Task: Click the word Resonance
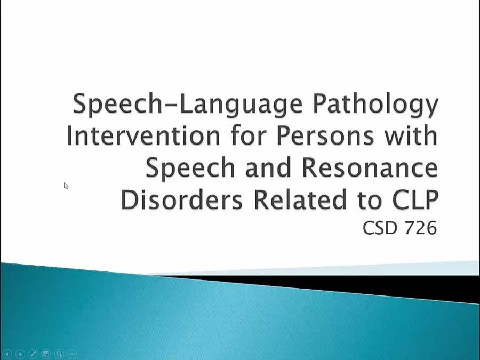point(370,167)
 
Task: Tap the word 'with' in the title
point(411,135)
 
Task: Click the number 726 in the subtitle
point(419,228)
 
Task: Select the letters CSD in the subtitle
point(380,228)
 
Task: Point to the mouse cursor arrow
point(66,185)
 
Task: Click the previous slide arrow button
point(7,354)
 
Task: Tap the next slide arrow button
point(20,354)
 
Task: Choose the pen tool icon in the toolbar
point(33,354)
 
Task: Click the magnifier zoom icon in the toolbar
point(59,354)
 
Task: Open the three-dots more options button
point(72,354)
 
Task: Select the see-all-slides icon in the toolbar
point(46,354)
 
